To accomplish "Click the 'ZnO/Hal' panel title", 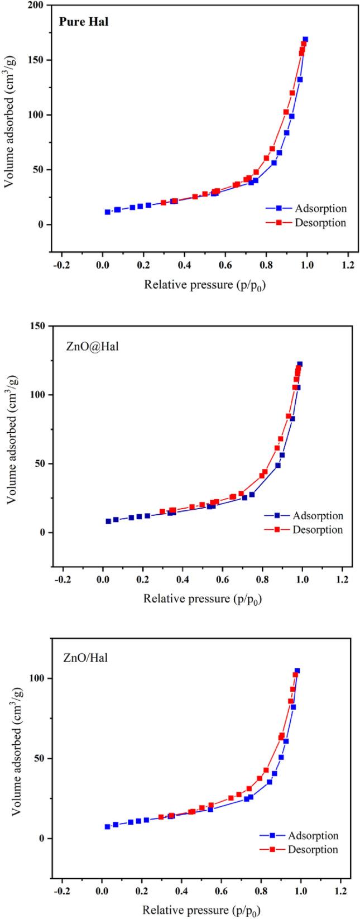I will click(x=85, y=658).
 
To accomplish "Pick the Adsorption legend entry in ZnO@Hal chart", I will click(x=318, y=516).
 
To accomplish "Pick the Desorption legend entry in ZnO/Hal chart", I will click(x=313, y=850).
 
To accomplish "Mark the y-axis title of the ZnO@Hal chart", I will click(x=12, y=444).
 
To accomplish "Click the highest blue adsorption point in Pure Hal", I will click(x=305, y=40).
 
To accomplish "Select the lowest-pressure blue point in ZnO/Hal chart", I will click(x=108, y=826).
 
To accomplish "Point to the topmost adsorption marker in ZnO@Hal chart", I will click(x=300, y=364).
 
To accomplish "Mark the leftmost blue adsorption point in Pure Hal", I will click(x=108, y=212).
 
